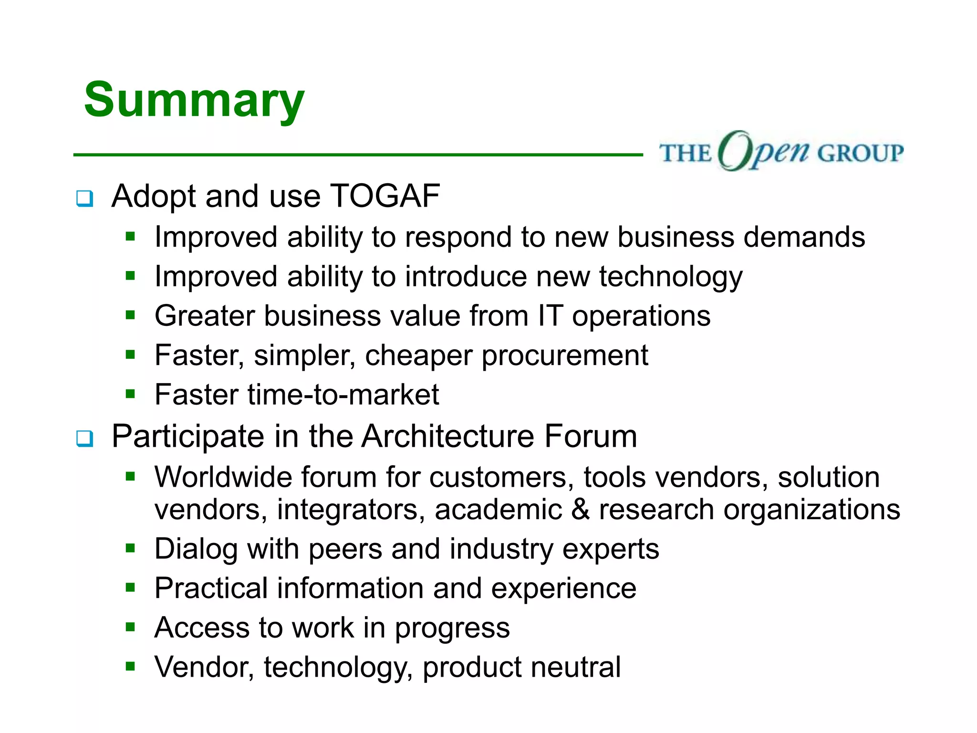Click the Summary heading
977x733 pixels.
tap(194, 100)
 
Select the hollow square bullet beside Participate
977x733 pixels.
tap(85, 438)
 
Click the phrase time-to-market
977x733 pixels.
tap(343, 395)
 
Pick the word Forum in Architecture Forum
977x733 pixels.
tap(590, 436)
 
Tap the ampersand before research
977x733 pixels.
tap(580, 509)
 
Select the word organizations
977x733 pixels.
tap(811, 510)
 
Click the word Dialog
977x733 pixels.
tap(196, 549)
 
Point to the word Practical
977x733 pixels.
tap(211, 588)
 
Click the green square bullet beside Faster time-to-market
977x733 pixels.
tap(131, 394)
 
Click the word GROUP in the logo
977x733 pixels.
tap(860, 154)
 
